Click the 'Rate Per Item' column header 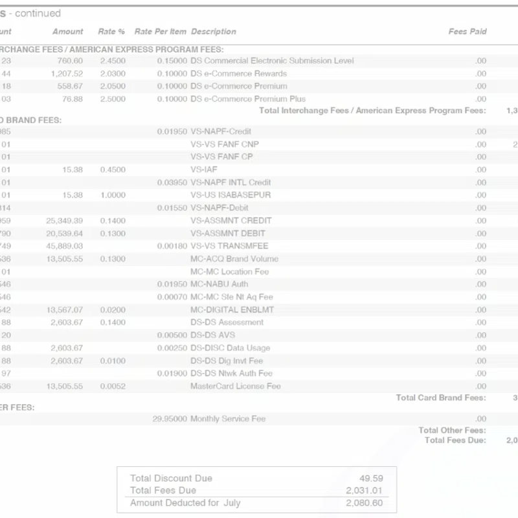(160, 31)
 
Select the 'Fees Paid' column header (467, 31)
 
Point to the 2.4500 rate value (113, 60)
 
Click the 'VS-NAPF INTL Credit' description (231, 182)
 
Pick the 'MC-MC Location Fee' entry (229, 271)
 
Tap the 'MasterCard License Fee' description (235, 386)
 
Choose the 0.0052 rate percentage (113, 386)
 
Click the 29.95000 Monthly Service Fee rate (170, 418)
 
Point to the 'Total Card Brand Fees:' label (440, 398)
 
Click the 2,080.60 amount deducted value (364, 502)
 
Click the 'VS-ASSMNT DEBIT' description (227, 233)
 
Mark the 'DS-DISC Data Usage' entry (230, 348)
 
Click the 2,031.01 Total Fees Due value (364, 490)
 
